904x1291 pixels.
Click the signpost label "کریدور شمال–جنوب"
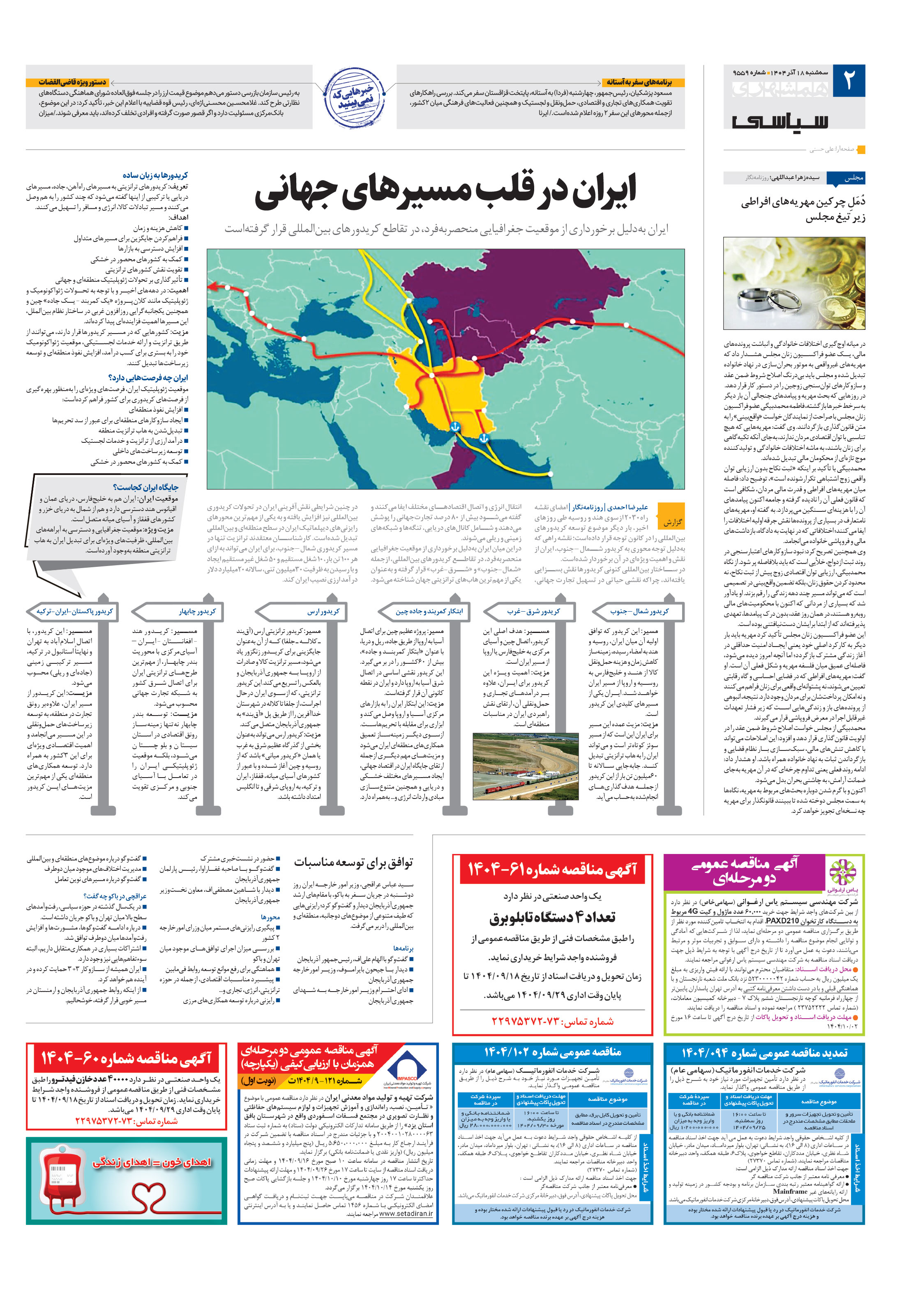[640, 611]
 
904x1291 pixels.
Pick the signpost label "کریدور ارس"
[323, 611]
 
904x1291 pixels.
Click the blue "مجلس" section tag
[853, 178]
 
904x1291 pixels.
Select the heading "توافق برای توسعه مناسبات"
[353, 863]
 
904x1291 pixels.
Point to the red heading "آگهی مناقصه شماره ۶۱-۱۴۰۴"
[552, 870]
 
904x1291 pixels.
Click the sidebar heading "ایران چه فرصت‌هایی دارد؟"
[148, 378]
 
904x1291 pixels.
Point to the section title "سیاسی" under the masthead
[779, 121]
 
